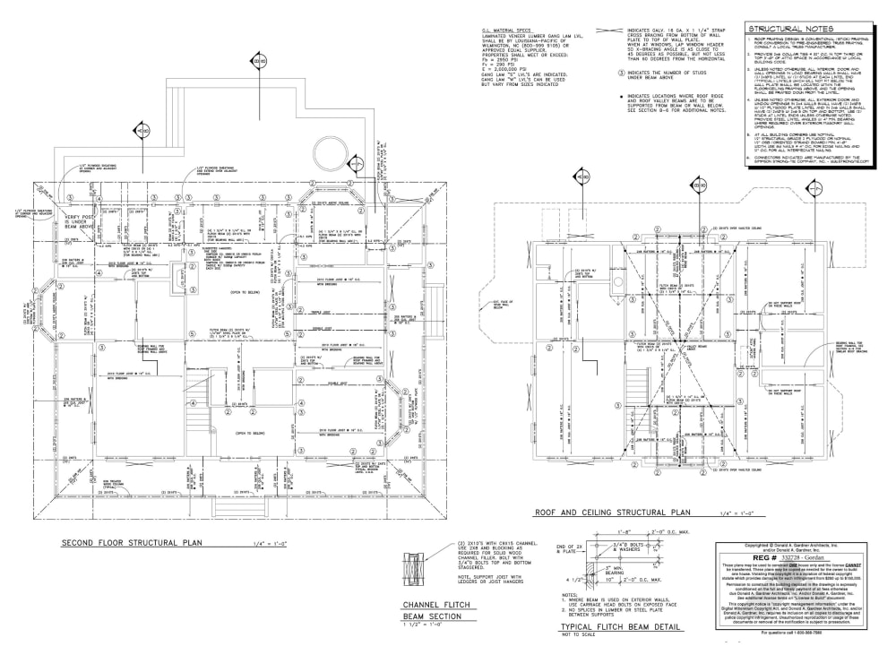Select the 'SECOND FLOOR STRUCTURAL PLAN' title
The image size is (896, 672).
[132, 543]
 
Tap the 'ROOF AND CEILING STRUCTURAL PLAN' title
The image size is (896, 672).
[607, 513]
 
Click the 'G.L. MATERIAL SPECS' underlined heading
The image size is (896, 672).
[507, 30]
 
